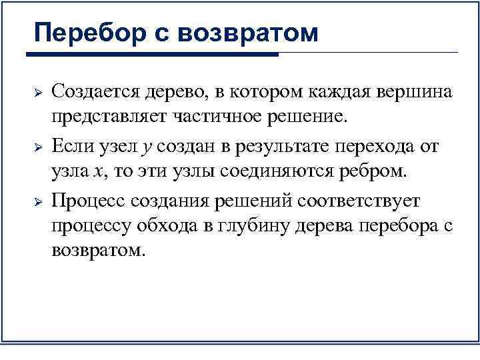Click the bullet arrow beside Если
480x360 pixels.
pos(39,146)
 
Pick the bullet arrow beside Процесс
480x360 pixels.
pos(39,201)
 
